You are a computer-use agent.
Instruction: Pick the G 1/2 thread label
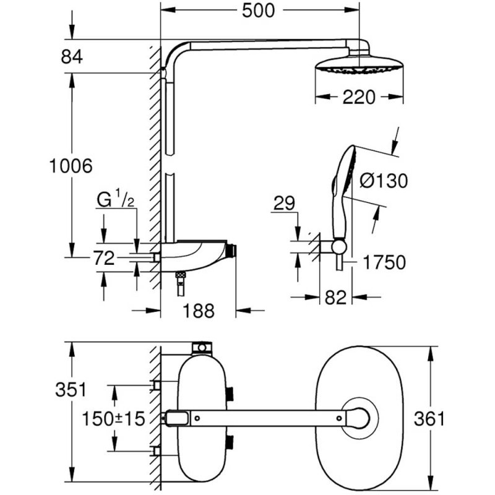(116, 200)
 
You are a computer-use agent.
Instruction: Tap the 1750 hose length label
(384, 262)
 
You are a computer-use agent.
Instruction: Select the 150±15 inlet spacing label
(113, 418)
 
